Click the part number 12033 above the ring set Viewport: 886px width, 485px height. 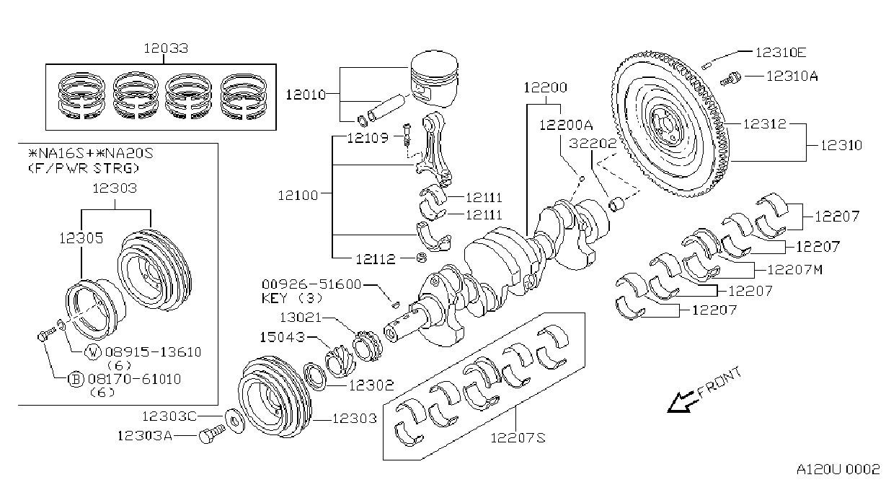(x=166, y=48)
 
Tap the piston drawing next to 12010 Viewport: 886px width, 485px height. (x=434, y=79)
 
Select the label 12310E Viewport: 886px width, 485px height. (x=781, y=52)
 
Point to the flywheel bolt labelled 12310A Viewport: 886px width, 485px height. (x=730, y=79)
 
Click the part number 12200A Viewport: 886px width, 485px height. (x=566, y=125)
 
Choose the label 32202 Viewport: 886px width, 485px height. (x=593, y=143)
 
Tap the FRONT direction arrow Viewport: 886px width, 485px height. (x=681, y=402)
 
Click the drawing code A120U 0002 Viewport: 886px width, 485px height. (x=838, y=469)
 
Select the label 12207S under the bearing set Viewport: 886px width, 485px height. (x=518, y=438)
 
